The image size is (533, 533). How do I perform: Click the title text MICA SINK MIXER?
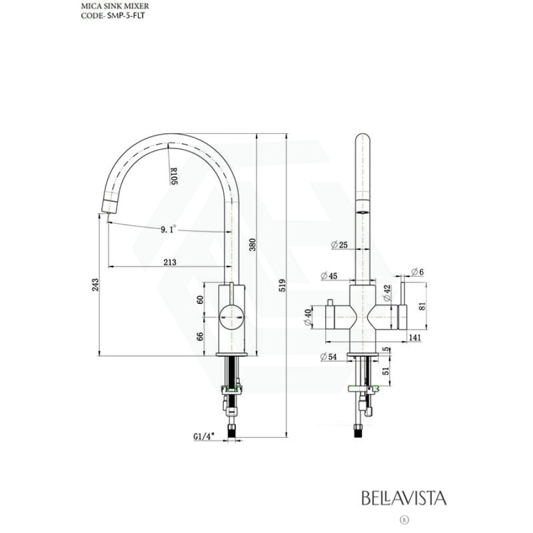(x=107, y=7)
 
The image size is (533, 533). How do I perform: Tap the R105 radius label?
(x=174, y=176)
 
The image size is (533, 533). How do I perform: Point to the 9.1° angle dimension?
(x=168, y=230)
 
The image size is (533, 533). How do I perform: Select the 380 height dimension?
(x=252, y=245)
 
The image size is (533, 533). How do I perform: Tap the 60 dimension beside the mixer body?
(x=200, y=299)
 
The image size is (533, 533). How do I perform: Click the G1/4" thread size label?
(x=203, y=436)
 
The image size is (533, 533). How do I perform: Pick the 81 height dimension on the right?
(x=421, y=306)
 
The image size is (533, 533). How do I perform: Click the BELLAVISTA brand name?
(x=404, y=497)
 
